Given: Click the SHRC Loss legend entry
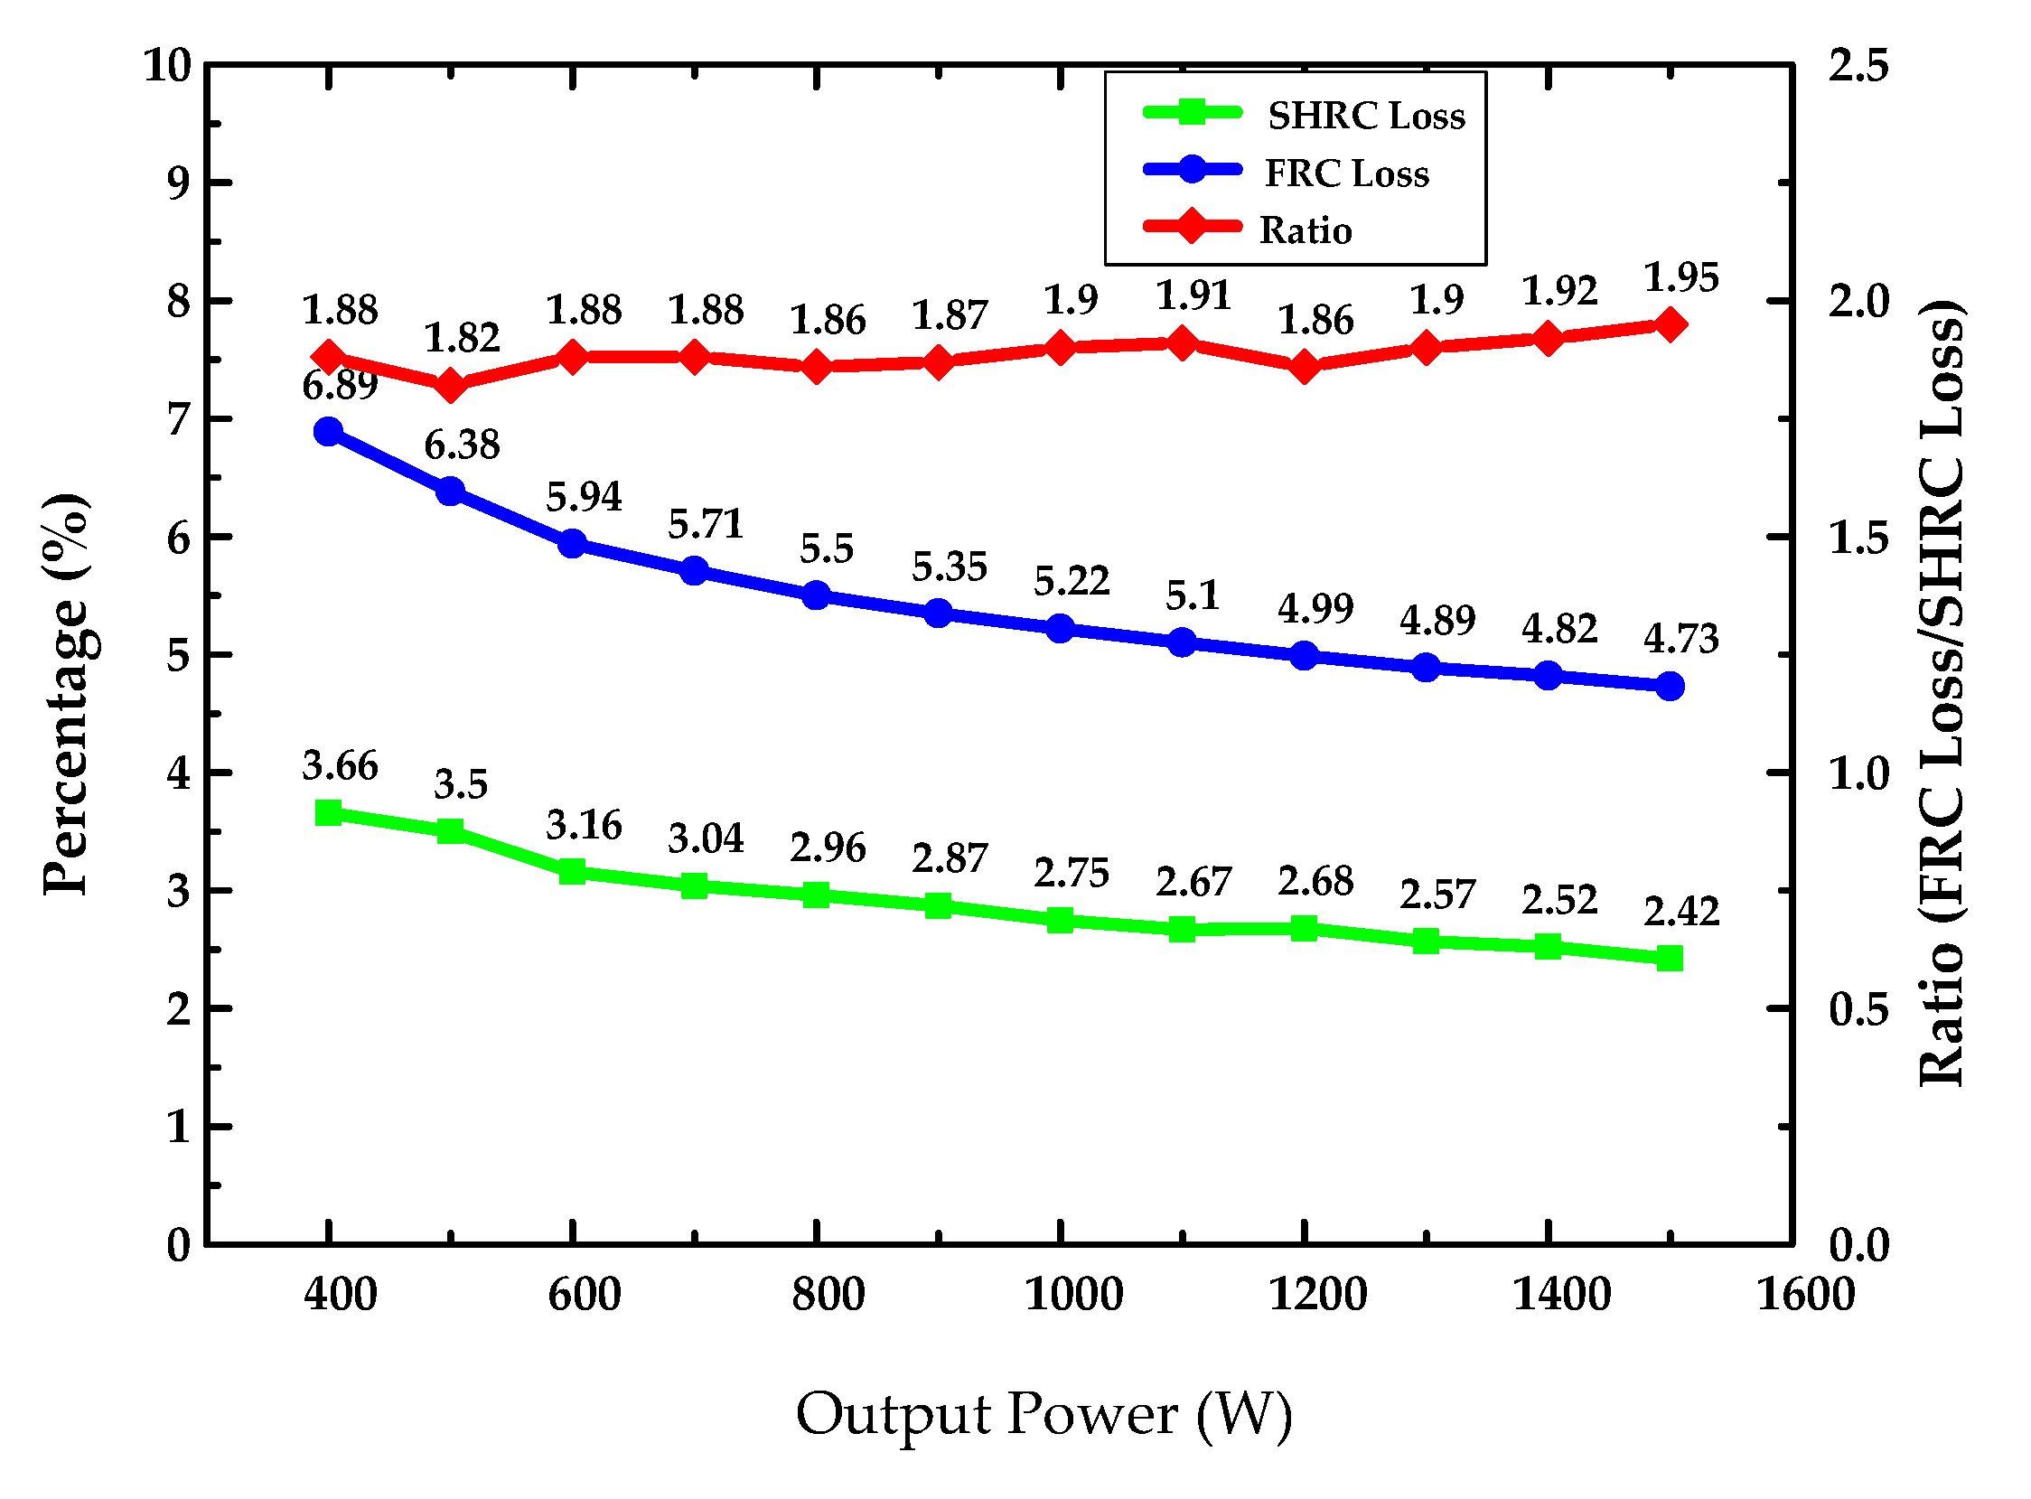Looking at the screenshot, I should [x=1365, y=116].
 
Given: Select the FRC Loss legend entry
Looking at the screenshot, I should [x=1346, y=173].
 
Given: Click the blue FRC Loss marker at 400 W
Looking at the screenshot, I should [x=328, y=432].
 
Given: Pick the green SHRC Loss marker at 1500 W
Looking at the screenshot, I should [x=1670, y=959].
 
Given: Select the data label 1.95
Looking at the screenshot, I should [x=1680, y=277].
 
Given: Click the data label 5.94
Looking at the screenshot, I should [x=584, y=497].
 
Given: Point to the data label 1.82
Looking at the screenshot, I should [x=462, y=339].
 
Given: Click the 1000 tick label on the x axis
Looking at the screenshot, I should [x=1073, y=1295].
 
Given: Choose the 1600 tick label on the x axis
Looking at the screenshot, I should [x=1804, y=1295].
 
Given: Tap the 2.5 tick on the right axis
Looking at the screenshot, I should [x=1858, y=66].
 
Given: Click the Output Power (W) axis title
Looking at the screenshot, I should [x=1044, y=1416].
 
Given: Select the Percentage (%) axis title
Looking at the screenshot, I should [x=68, y=694].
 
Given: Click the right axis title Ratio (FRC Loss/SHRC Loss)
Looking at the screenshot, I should [x=1942, y=694].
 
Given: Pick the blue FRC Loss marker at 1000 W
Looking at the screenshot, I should [x=1060, y=629].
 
